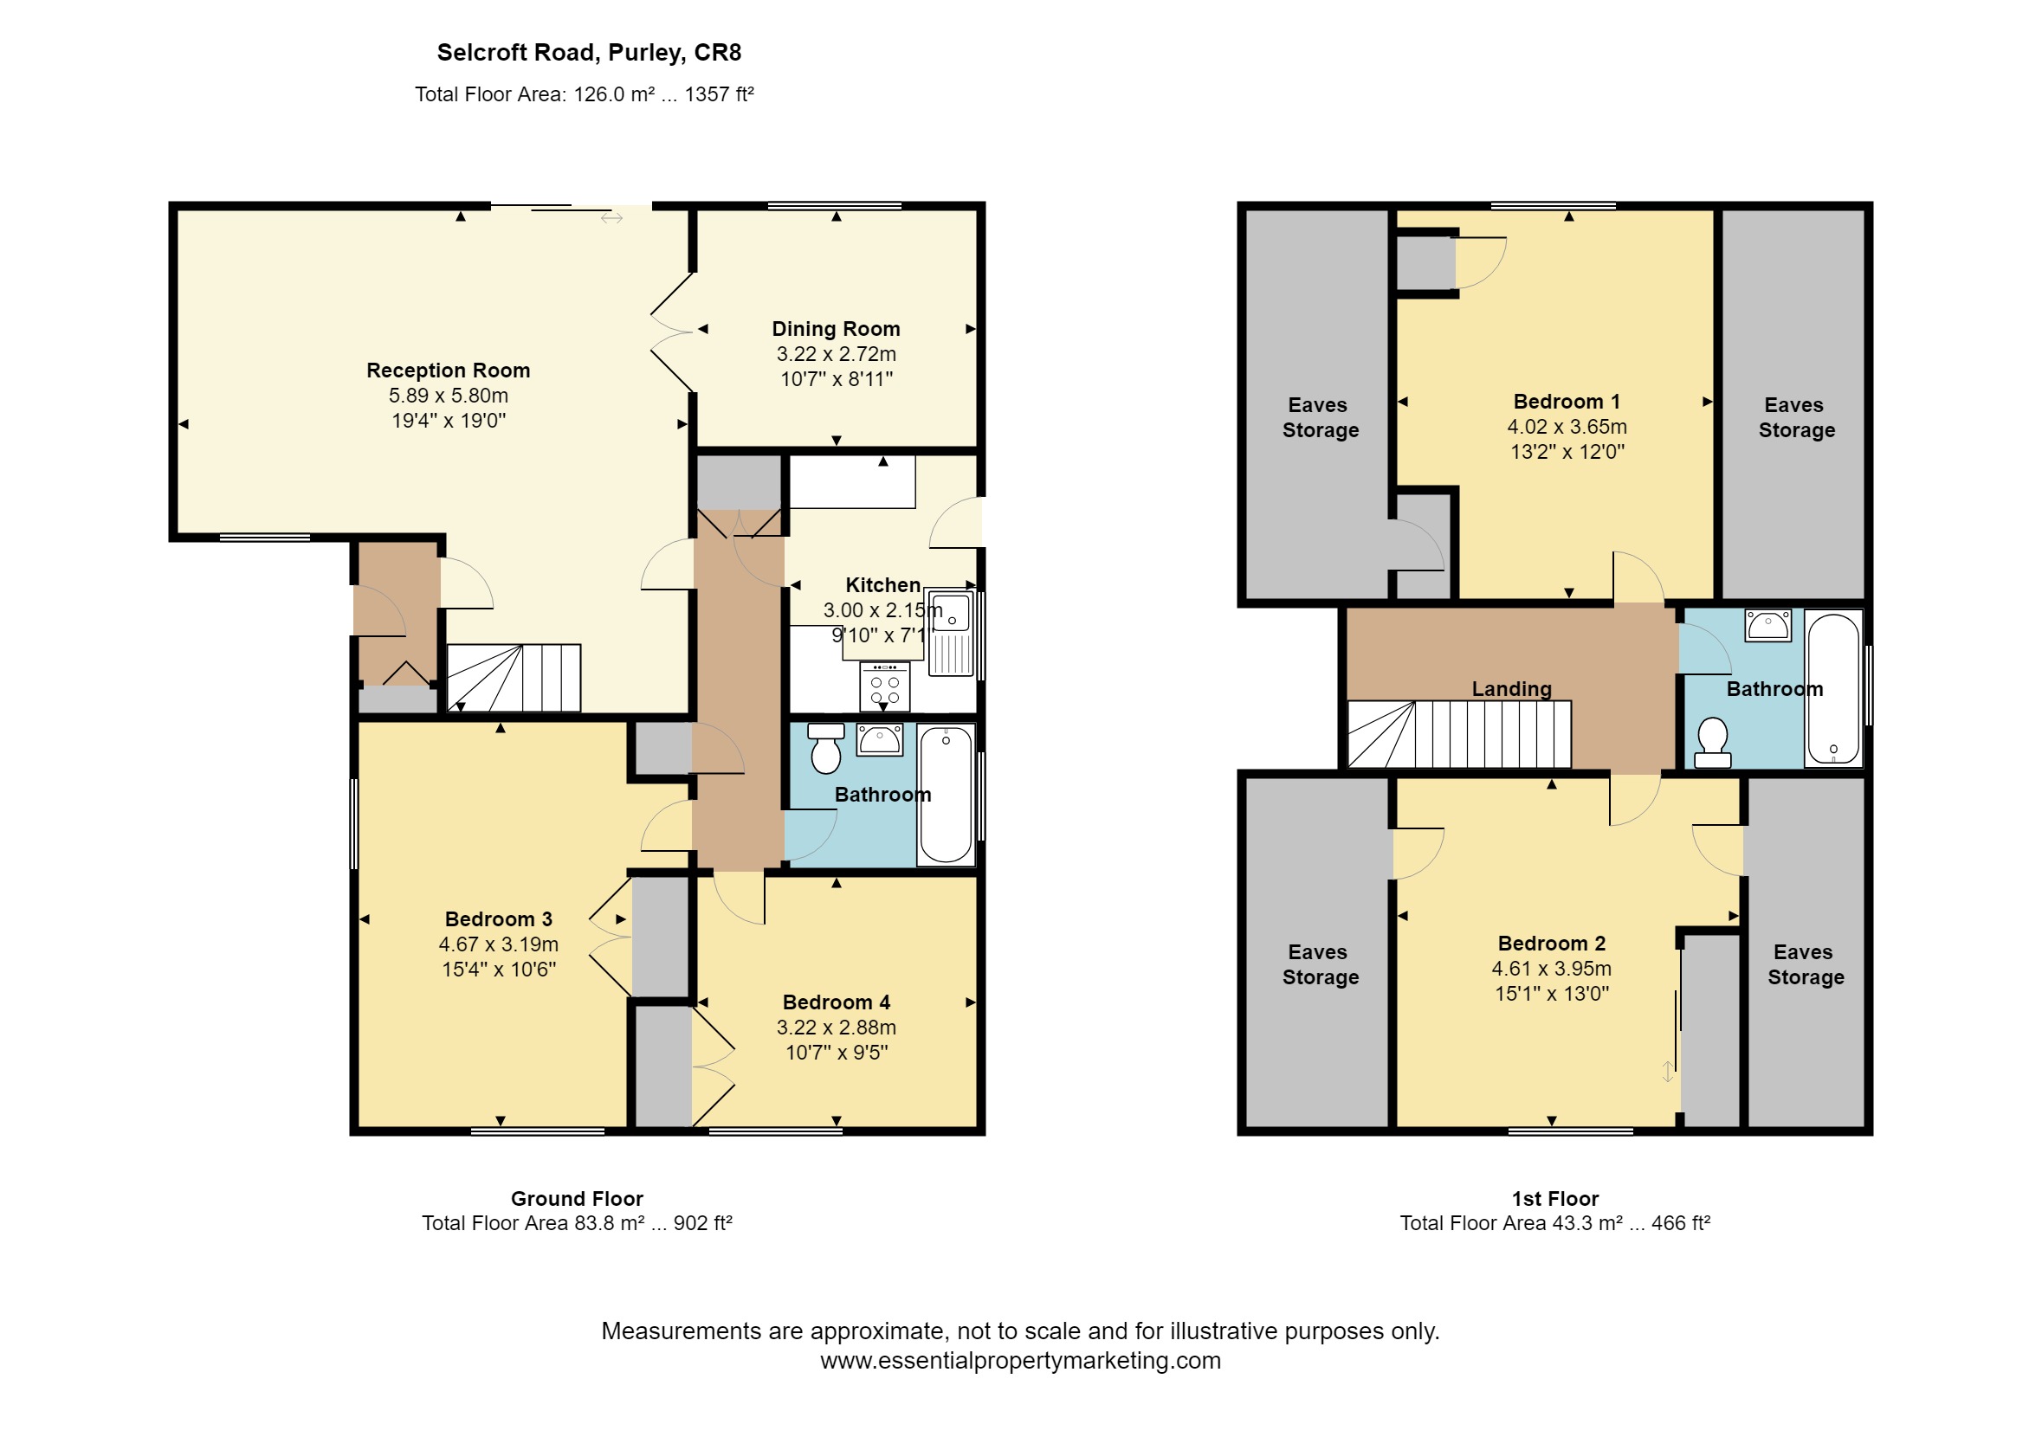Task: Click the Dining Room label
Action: [x=835, y=329]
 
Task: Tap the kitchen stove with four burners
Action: [x=884, y=686]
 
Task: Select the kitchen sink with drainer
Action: [x=952, y=634]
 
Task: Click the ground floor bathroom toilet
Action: [x=826, y=748]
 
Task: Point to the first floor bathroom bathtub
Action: [x=1833, y=688]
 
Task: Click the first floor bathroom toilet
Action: [x=1712, y=743]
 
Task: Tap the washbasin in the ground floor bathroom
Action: [x=880, y=740]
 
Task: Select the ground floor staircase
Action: [x=514, y=678]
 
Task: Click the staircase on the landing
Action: [x=1459, y=734]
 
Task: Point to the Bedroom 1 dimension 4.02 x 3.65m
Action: [x=1567, y=427]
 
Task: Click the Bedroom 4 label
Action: [x=836, y=1002]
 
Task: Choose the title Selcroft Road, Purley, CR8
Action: [x=589, y=54]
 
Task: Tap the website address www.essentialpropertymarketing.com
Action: [x=1020, y=1361]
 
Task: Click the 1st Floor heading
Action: [x=1554, y=1199]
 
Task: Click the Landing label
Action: [x=1511, y=689]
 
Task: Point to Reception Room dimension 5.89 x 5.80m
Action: [x=449, y=396]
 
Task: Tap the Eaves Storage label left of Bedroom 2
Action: [x=1320, y=965]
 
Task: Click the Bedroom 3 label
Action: [x=498, y=919]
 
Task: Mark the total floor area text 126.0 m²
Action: [x=614, y=94]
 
